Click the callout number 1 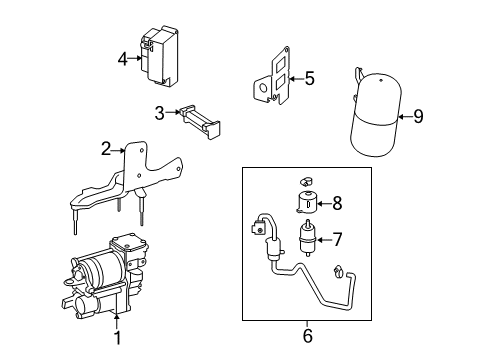pos(117,337)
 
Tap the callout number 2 pos(106,149)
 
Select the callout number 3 pos(160,113)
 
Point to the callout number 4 pos(123,59)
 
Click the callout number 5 pos(310,79)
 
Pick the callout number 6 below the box pos(308,336)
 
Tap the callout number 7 pos(337,239)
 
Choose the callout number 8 pos(337,203)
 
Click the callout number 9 pos(418,116)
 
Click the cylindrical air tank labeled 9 pos(376,114)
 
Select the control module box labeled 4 pos(159,57)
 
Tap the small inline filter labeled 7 pos(308,237)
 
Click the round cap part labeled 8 pos(307,201)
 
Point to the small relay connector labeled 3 pos(200,122)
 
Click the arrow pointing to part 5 pos(297,79)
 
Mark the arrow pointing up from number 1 pos(117,319)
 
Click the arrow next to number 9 pos(406,117)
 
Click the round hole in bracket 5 pos(263,88)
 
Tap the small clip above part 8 pos(306,181)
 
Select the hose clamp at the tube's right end pos(339,272)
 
